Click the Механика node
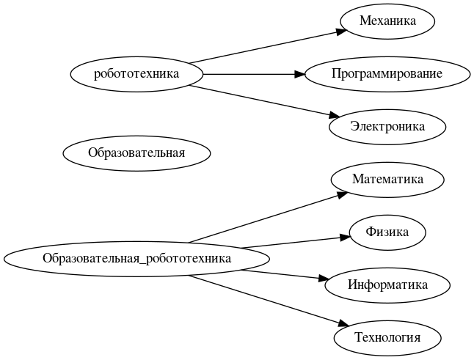tap(387, 21)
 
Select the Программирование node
tap(387, 73)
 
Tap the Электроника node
tap(387, 126)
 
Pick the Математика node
tap(387, 179)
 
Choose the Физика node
tap(387, 232)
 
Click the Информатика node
tap(387, 284)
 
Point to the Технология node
tap(387, 337)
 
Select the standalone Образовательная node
tap(136, 153)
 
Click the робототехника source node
tap(136, 73)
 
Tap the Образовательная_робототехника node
tap(136, 258)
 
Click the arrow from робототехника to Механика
tap(264, 47)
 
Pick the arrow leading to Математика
tap(264, 218)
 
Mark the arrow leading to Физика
tap(293, 242)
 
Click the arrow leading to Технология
tap(264, 298)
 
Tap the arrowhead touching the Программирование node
tap(299, 73)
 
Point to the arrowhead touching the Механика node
tap(342, 31)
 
